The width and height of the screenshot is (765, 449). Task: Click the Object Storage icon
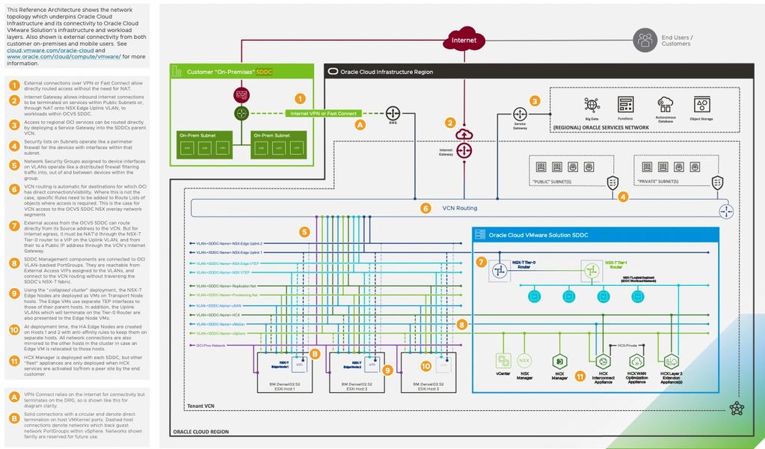tap(701, 105)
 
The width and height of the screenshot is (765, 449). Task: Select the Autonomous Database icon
tap(663, 105)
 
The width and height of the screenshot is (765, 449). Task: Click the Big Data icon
tap(592, 105)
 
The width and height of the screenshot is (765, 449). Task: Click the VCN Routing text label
tap(460, 208)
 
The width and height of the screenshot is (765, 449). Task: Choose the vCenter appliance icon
tap(503, 362)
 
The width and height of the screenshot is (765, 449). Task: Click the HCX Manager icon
tap(557, 362)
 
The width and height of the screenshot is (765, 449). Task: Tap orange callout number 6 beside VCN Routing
tap(425, 208)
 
